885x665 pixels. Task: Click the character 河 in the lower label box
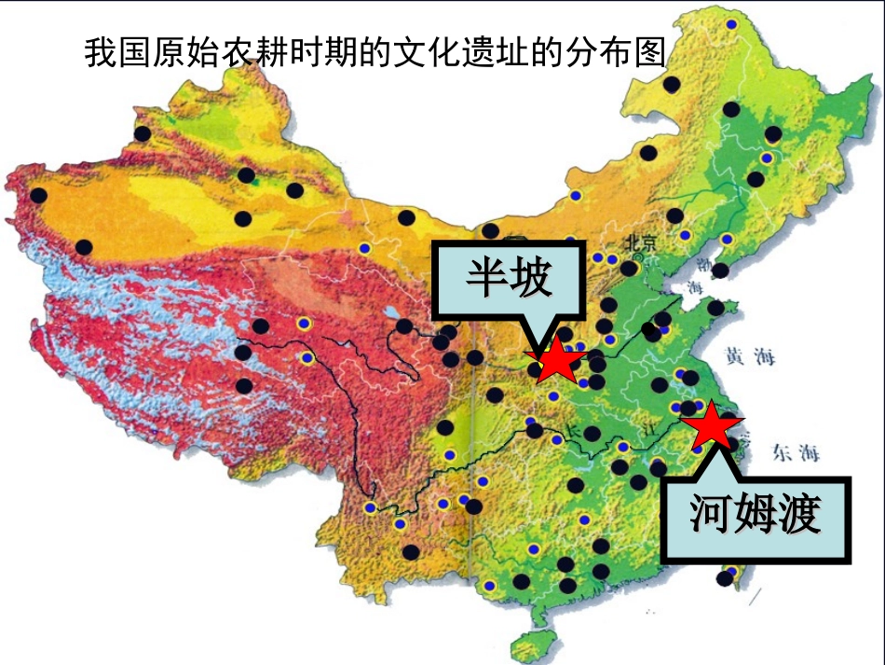[x=709, y=514]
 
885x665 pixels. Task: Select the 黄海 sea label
[x=749, y=355]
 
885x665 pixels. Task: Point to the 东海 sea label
[x=795, y=453]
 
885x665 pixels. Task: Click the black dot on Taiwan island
[x=725, y=578]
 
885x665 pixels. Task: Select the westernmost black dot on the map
[x=38, y=196]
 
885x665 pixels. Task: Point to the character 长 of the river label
[x=575, y=432]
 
